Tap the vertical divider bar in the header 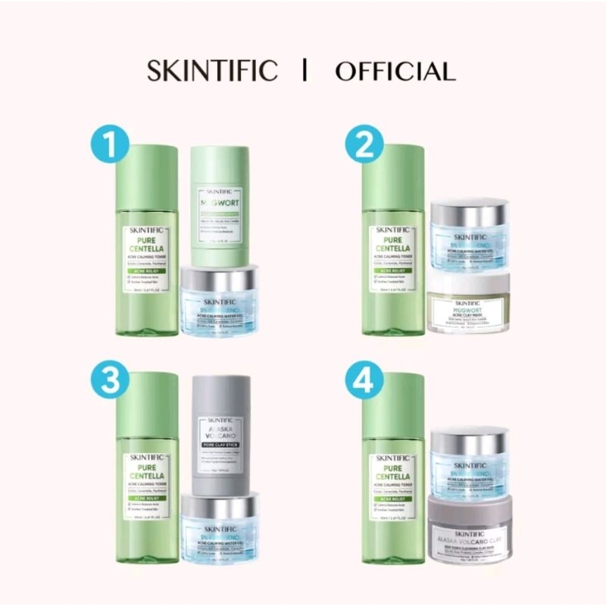click(x=304, y=70)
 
